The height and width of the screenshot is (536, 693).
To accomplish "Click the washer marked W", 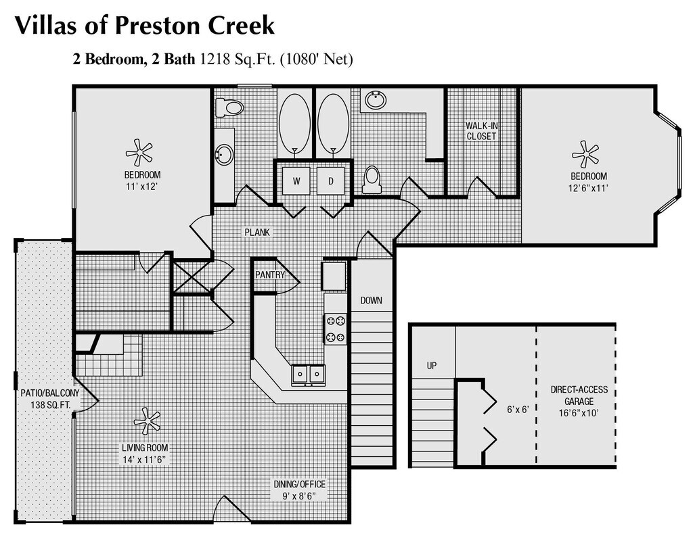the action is tap(296, 180).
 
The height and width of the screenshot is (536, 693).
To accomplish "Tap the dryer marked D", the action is tap(330, 180).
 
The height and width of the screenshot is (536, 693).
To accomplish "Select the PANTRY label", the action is tap(270, 274).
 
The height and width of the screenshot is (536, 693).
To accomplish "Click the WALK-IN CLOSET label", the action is tap(481, 131).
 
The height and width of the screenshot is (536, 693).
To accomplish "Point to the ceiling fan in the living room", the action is tap(147, 421).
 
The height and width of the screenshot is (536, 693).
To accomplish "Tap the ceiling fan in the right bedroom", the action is tap(585, 154).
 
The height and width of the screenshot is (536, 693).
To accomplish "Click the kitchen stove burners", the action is tap(336, 329).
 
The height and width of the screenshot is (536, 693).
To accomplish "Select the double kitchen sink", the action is tap(308, 375).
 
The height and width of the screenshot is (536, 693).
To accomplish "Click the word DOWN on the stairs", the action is tap(372, 301).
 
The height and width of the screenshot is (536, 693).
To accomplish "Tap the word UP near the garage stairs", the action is tap(432, 366).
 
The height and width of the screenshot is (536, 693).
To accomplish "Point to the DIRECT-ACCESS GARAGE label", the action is tap(579, 395).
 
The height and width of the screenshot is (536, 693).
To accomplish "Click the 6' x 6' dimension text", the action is tap(518, 410).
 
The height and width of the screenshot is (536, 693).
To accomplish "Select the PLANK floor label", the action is tap(257, 232).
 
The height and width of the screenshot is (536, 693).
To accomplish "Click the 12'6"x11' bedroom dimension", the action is tap(588, 188).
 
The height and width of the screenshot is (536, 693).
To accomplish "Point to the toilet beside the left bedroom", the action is tap(229, 107).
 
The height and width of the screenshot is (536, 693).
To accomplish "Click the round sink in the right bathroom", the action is tap(376, 100).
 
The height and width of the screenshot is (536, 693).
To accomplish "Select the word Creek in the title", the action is tap(241, 25).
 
